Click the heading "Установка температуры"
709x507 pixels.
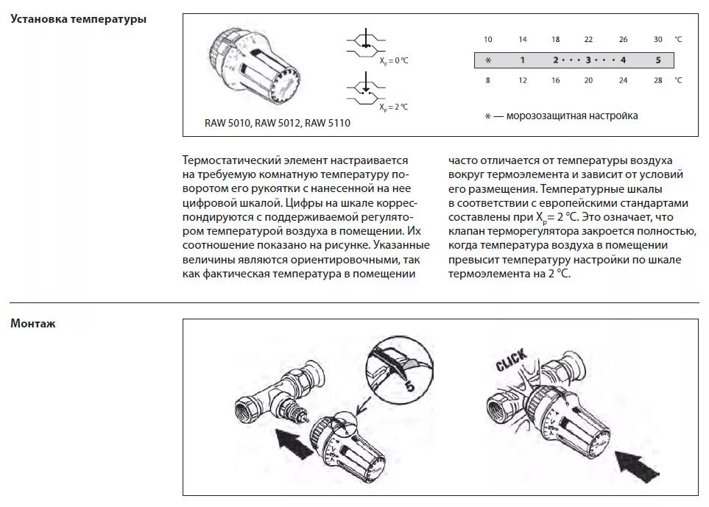(78, 19)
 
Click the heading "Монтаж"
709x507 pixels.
(33, 323)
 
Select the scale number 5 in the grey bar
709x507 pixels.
(658, 60)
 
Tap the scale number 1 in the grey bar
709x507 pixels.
(522, 60)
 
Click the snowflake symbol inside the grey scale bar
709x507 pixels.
(487, 60)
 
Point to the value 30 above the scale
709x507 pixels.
(658, 39)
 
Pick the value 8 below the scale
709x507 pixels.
(487, 79)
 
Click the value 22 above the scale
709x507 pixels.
(588, 39)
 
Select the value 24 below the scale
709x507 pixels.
(624, 79)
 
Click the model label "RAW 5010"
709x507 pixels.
(228, 123)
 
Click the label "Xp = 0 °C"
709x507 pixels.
(394, 60)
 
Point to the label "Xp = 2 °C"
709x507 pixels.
(394, 107)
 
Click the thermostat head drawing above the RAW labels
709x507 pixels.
(253, 66)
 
